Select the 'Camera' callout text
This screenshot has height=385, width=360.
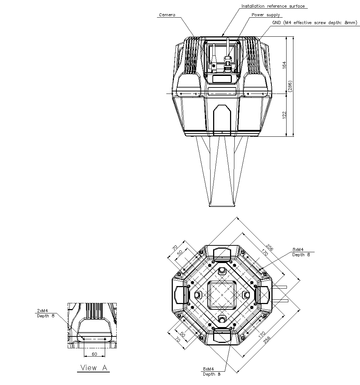167,15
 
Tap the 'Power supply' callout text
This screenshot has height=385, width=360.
265,15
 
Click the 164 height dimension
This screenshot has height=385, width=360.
284,65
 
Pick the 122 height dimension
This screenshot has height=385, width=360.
284,115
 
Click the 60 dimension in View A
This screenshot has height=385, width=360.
94,354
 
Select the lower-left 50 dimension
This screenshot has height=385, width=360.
183,334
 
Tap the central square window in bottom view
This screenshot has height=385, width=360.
222,295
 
